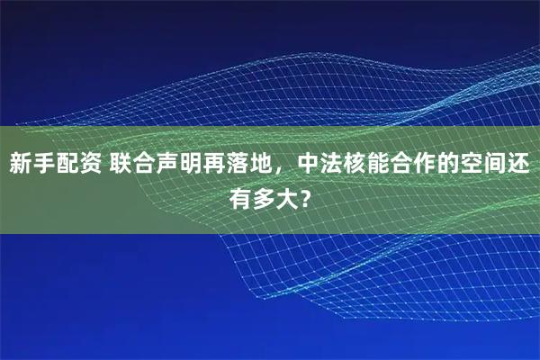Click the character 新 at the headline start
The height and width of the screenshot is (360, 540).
(x=22, y=165)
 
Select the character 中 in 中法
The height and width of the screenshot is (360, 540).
(x=310, y=165)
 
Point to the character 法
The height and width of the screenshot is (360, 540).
(x=333, y=165)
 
